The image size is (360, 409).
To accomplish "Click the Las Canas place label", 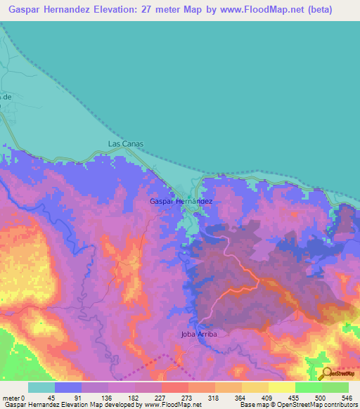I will point(126,143).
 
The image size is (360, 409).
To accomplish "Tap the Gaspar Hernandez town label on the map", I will point(181,201).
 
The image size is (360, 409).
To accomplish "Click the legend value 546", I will point(346,397).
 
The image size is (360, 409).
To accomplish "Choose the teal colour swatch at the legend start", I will point(41,387).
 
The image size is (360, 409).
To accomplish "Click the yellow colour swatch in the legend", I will point(281,387).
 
